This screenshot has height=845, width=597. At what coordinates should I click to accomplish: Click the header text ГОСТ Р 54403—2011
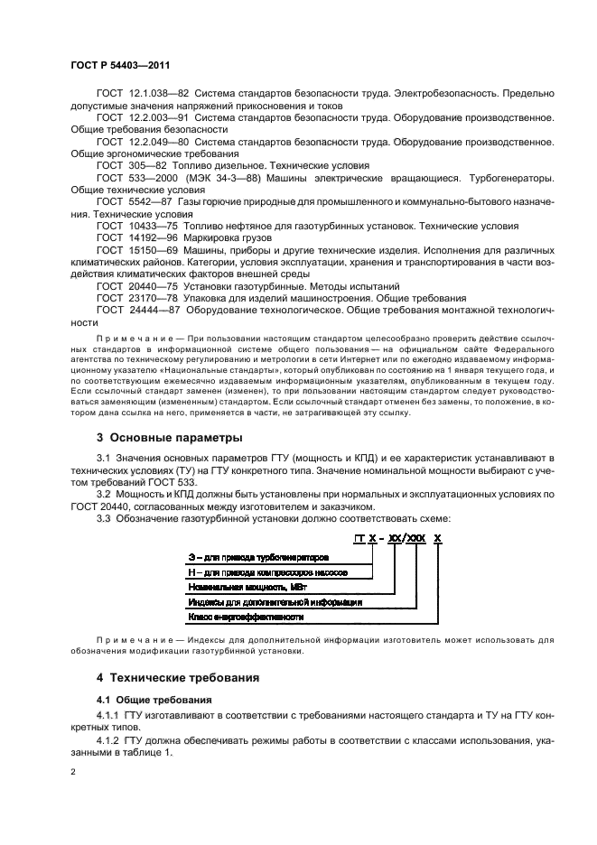click(x=119, y=65)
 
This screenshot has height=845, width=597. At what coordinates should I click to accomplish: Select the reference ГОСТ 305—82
click(x=132, y=166)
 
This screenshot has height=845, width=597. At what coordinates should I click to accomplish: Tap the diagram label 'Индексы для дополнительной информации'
click(x=275, y=601)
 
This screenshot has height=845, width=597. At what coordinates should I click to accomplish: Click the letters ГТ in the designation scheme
click(x=361, y=538)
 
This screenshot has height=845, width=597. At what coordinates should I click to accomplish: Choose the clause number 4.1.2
click(x=108, y=739)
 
